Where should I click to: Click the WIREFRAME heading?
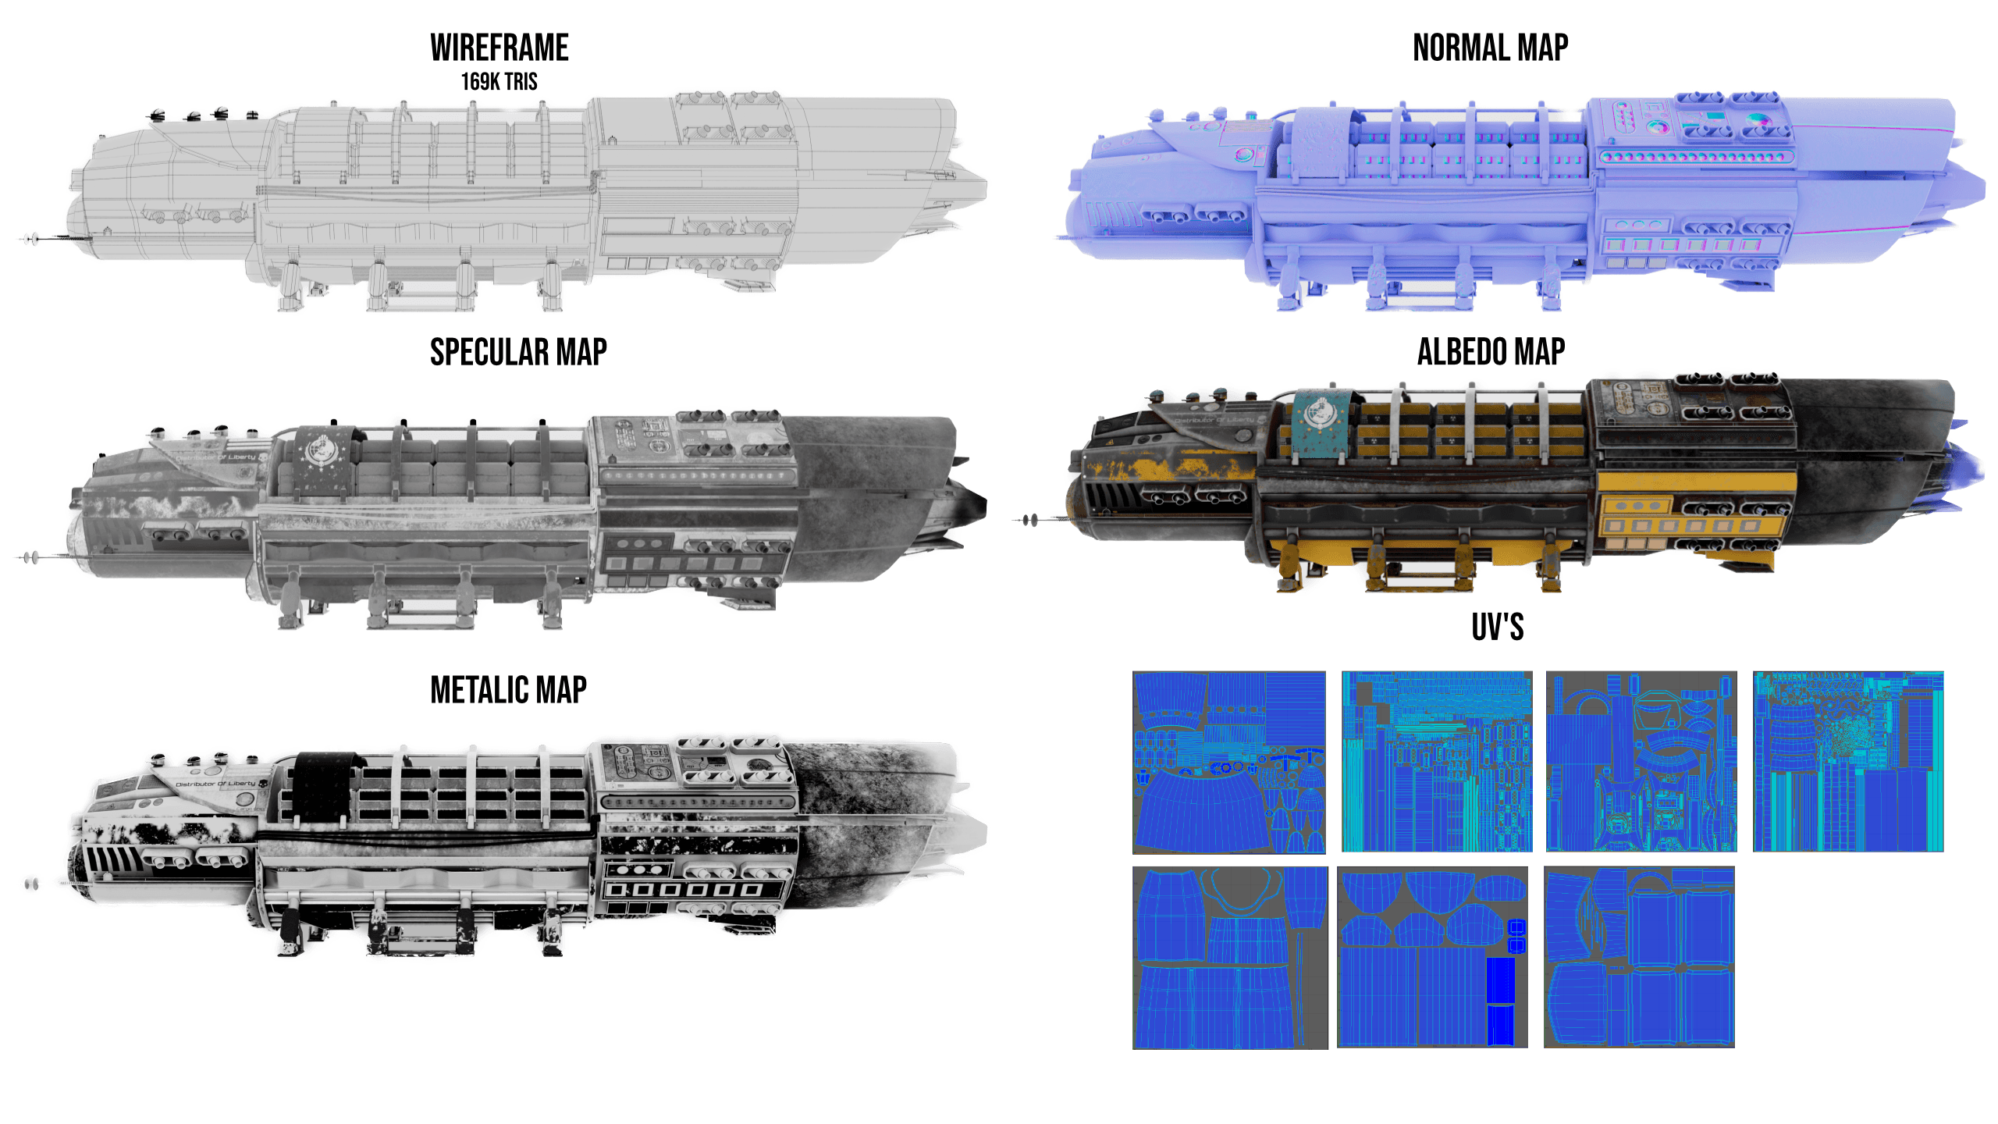[x=499, y=48]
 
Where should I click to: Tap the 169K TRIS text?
[x=499, y=81]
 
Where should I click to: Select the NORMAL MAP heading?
[x=1490, y=48]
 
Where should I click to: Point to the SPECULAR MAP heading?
[x=518, y=352]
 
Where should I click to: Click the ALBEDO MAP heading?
[x=1491, y=352]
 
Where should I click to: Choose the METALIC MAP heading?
[x=508, y=690]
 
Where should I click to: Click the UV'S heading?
[x=1497, y=627]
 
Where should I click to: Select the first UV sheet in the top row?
[x=1229, y=762]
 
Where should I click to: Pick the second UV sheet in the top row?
[x=1437, y=762]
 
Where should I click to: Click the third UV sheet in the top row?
[x=1641, y=762]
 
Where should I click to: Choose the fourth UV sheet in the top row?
[x=1848, y=762]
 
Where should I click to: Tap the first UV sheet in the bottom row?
[x=1229, y=958]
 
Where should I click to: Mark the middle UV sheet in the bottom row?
[x=1432, y=957]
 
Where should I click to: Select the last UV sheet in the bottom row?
[x=1639, y=957]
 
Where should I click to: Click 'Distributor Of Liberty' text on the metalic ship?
[x=215, y=783]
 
